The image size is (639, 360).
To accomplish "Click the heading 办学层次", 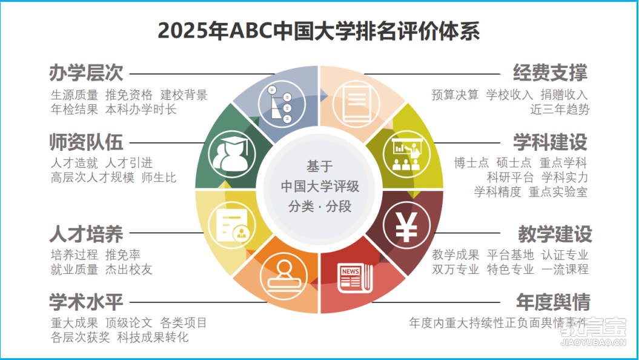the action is pyautogui.click(x=86, y=73).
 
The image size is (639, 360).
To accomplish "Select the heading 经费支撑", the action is pyautogui.click(x=550, y=73).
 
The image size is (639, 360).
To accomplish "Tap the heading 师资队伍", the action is pyautogui.click(x=86, y=142).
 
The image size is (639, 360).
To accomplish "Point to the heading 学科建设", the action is pyautogui.click(x=550, y=142).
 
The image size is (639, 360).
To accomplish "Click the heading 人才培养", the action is pyautogui.click(x=86, y=233).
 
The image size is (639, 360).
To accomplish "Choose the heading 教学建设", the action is pyautogui.click(x=555, y=233).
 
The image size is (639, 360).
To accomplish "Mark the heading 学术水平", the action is pyautogui.click(x=86, y=302).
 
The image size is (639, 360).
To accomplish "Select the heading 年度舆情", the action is pyautogui.click(x=554, y=302).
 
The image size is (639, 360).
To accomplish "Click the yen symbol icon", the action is pyautogui.click(x=406, y=225).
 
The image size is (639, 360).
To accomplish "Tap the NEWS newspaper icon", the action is pyautogui.click(x=355, y=278).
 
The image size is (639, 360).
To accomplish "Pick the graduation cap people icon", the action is pyautogui.click(x=232, y=154).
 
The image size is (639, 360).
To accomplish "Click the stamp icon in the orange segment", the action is pyautogui.click(x=283, y=276).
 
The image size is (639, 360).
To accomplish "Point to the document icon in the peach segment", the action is pyautogui.click(x=356, y=104).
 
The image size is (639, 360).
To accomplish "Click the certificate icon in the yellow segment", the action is pyautogui.click(x=232, y=225).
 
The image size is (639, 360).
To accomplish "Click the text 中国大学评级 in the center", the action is pyautogui.click(x=320, y=186).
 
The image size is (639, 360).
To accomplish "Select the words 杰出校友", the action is pyautogui.click(x=129, y=270).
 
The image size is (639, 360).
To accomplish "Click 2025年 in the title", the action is pyautogui.click(x=193, y=32).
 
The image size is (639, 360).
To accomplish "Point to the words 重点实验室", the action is pyautogui.click(x=558, y=192).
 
